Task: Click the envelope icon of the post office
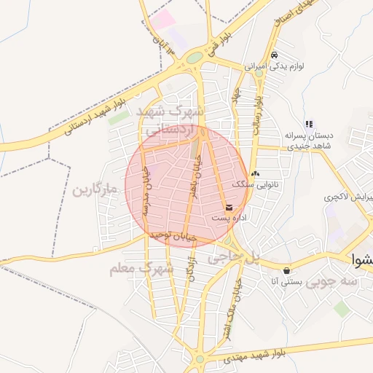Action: (229, 208)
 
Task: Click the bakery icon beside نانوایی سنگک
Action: (254, 173)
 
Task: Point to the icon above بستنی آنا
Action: (287, 270)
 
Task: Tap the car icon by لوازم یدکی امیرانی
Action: (273, 55)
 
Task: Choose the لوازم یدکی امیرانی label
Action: (295, 66)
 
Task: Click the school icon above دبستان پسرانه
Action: (309, 124)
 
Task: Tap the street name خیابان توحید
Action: (173, 237)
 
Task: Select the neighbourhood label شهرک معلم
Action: (142, 269)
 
